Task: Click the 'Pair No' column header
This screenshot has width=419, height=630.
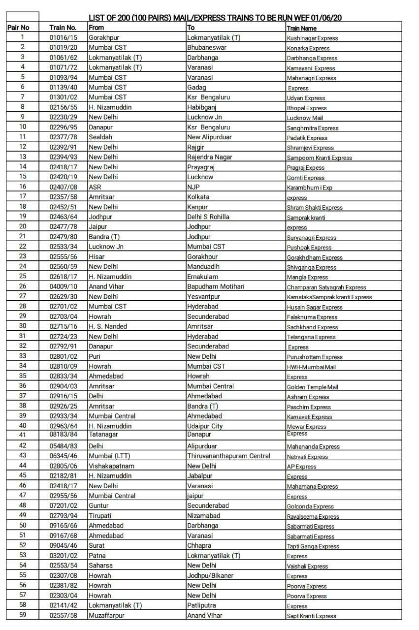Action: click(18, 28)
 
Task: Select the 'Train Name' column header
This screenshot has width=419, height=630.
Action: click(301, 29)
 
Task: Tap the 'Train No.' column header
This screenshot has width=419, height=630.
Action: click(63, 28)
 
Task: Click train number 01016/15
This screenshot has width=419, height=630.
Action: click(63, 37)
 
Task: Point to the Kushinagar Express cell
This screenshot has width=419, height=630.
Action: click(312, 38)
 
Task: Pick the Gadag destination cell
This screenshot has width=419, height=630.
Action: click(196, 87)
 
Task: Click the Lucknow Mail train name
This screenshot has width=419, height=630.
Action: click(305, 118)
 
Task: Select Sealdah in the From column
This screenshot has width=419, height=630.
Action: click(100, 137)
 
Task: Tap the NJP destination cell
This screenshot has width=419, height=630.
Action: click(193, 187)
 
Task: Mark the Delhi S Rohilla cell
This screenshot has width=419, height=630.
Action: click(208, 217)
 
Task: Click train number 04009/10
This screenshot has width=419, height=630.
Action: click(63, 286)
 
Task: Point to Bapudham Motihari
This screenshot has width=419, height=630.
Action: click(216, 286)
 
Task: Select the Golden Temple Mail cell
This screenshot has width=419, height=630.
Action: click(312, 387)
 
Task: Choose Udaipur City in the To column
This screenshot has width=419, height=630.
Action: click(205, 426)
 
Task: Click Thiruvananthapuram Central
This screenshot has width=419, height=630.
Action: click(228, 456)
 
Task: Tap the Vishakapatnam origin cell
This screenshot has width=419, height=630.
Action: click(111, 466)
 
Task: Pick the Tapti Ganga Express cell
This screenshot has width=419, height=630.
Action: click(313, 546)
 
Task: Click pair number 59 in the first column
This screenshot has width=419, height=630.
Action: click(23, 615)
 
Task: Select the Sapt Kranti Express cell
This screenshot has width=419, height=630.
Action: click(312, 616)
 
